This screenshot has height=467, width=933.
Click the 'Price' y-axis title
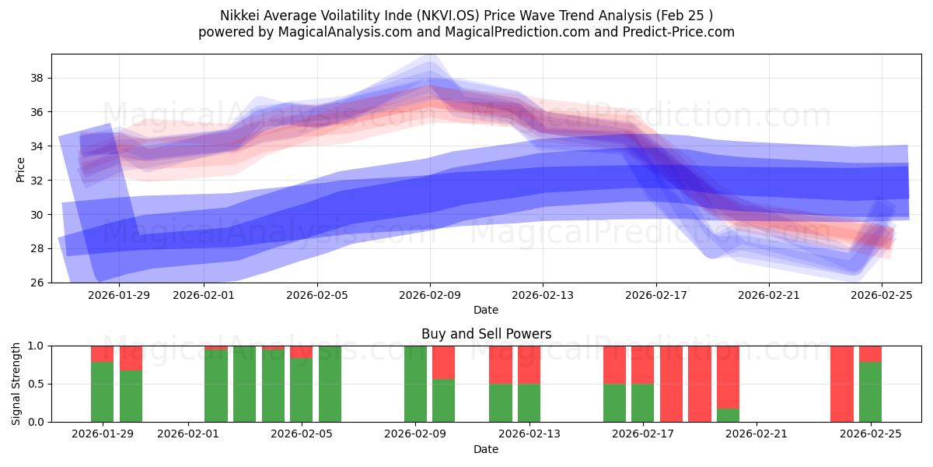point(21,169)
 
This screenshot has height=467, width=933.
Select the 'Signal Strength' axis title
point(16,384)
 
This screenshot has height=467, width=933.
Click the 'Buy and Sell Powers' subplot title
point(486,334)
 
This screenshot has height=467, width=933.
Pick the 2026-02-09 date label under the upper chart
point(430,295)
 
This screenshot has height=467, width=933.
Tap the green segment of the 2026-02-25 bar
point(870,392)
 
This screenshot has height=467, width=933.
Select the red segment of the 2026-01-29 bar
point(102,353)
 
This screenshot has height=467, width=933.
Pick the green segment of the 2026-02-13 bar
point(529,402)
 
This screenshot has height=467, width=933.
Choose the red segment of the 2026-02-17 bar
point(642,364)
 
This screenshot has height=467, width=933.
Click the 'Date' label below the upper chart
point(486,310)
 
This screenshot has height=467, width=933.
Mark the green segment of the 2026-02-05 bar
point(302,390)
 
